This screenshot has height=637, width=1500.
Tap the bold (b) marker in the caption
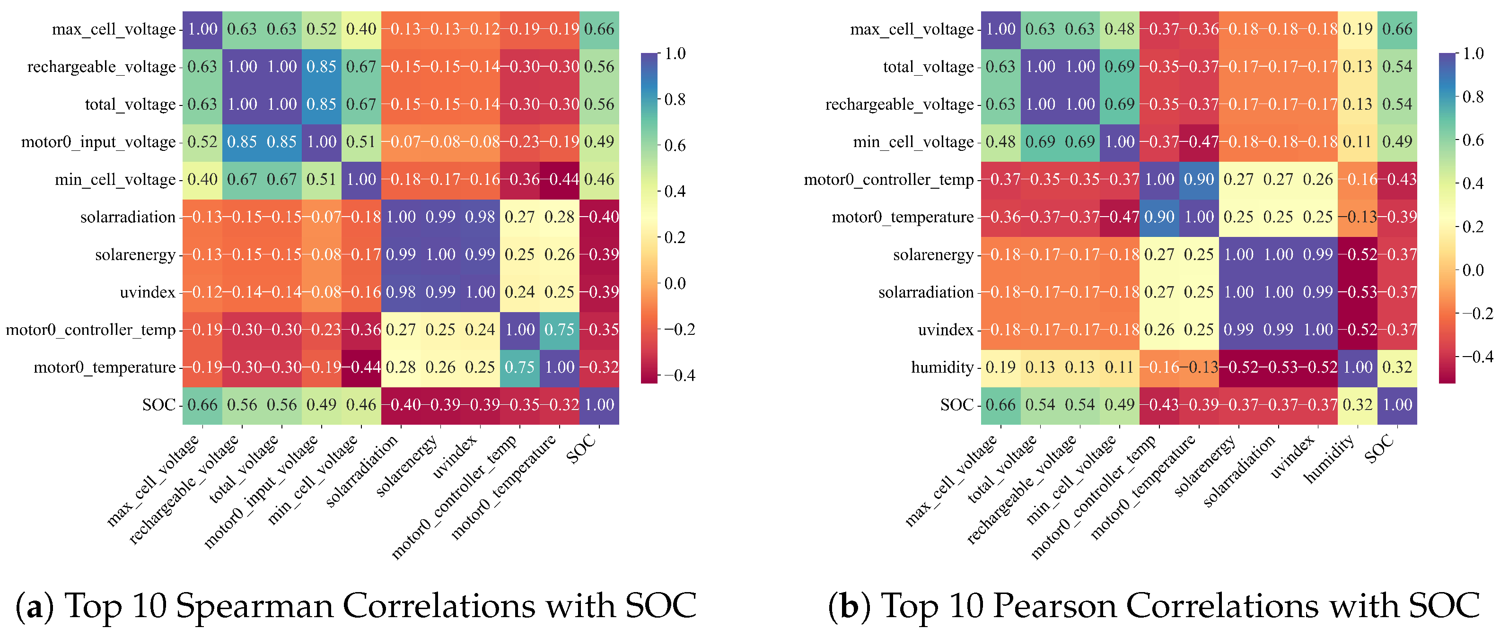[850, 606]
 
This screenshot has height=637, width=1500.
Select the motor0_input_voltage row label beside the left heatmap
[98, 142]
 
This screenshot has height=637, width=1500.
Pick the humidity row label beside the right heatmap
[942, 367]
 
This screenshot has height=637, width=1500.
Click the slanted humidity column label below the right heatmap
[1331, 466]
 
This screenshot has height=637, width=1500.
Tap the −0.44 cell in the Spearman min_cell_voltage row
[560, 179]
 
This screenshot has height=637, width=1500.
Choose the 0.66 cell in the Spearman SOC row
[202, 405]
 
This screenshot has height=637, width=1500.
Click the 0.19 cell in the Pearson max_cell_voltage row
[1357, 29]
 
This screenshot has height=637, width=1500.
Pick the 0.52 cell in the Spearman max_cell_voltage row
[322, 29]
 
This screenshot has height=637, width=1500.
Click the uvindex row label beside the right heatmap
[946, 330]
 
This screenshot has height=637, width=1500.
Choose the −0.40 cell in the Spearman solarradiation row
[599, 217]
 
